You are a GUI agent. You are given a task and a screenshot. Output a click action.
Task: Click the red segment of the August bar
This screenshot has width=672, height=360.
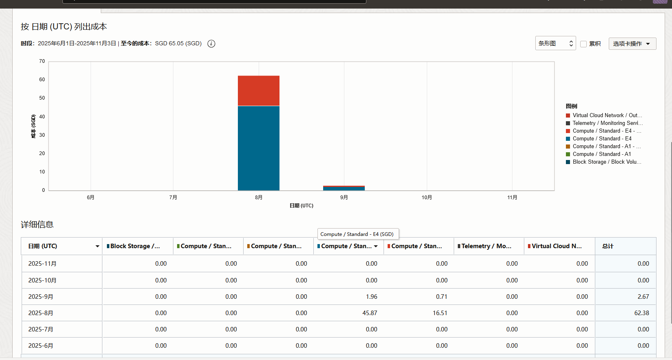pos(259,91)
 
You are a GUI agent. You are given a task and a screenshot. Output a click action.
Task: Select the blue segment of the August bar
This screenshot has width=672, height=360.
pos(259,148)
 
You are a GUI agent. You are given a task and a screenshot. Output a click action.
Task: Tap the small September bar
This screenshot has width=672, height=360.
pos(344,188)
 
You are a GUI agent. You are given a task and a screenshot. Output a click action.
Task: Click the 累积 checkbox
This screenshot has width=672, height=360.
pos(583,44)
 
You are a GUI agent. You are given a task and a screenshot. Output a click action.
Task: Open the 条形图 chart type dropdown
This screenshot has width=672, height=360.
pos(555,44)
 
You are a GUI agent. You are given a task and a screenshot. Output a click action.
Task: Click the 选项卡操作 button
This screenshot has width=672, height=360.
pos(632,44)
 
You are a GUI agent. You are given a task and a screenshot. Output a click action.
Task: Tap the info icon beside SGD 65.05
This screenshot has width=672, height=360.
pos(211,44)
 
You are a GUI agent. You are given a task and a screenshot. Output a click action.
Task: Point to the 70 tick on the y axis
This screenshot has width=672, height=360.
pos(42,61)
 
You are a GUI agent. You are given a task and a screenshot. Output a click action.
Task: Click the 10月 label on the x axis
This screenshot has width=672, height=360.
pos(427,198)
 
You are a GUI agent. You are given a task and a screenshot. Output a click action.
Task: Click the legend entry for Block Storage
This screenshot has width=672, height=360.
pos(603,162)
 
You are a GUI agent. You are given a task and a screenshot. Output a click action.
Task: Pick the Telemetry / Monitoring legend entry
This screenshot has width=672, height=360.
pos(604,123)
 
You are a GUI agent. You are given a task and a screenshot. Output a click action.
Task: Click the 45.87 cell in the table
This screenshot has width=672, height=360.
pos(370,313)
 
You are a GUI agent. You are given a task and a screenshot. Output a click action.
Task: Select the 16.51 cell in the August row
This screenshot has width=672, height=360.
pos(440,313)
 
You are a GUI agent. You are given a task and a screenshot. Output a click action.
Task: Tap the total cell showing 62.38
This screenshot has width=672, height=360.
pos(641,313)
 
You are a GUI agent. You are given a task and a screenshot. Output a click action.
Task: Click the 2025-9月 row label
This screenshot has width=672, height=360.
pos(41,297)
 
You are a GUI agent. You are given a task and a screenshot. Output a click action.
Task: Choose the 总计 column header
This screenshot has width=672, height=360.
pos(608,246)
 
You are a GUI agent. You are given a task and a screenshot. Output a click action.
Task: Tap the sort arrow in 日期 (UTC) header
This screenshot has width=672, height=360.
pos(97,246)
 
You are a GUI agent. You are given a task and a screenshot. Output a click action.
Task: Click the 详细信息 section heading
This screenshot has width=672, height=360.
pos(37,224)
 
